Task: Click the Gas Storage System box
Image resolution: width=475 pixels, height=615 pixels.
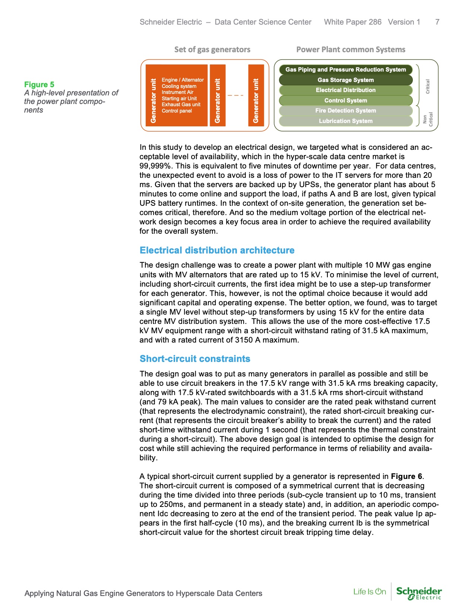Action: click(345, 80)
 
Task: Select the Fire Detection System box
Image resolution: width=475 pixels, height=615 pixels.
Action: click(345, 111)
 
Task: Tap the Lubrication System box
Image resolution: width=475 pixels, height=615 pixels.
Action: click(345, 121)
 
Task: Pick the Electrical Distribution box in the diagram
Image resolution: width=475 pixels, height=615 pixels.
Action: click(345, 90)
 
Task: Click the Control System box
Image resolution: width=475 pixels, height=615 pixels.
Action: click(345, 101)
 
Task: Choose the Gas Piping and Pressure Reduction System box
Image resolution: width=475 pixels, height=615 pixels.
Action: click(345, 70)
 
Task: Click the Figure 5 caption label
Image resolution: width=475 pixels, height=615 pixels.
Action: click(39, 85)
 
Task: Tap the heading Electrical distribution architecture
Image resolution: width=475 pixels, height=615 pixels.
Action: click(217, 250)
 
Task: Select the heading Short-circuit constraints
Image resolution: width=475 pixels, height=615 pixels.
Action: click(195, 359)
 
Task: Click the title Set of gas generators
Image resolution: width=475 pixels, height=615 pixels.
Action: click(212, 50)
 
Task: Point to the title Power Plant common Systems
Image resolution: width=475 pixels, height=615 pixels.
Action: click(351, 50)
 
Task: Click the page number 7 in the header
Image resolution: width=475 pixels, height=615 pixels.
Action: click(437, 22)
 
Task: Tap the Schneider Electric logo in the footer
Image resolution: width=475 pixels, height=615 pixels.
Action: click(419, 593)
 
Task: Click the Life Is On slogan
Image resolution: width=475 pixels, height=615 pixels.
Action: click(370, 592)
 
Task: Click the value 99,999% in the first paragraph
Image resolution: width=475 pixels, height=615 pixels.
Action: click(155, 166)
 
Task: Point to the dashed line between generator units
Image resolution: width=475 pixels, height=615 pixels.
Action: click(235, 95)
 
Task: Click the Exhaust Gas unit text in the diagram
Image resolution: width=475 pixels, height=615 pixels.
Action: click(181, 105)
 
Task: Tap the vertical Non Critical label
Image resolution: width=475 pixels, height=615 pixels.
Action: click(428, 119)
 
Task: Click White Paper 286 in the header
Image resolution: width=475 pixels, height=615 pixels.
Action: click(352, 22)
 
